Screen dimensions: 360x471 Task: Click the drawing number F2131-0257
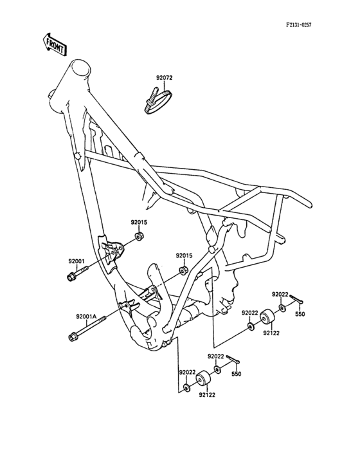point(298,25)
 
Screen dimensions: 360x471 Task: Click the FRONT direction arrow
point(54,45)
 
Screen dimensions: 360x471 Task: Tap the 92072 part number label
point(164,78)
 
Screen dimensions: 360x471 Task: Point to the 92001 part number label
point(76,261)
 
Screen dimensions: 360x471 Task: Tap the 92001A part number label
point(86,317)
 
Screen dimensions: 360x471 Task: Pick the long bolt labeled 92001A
point(87,328)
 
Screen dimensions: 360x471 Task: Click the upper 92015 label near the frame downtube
point(139,223)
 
